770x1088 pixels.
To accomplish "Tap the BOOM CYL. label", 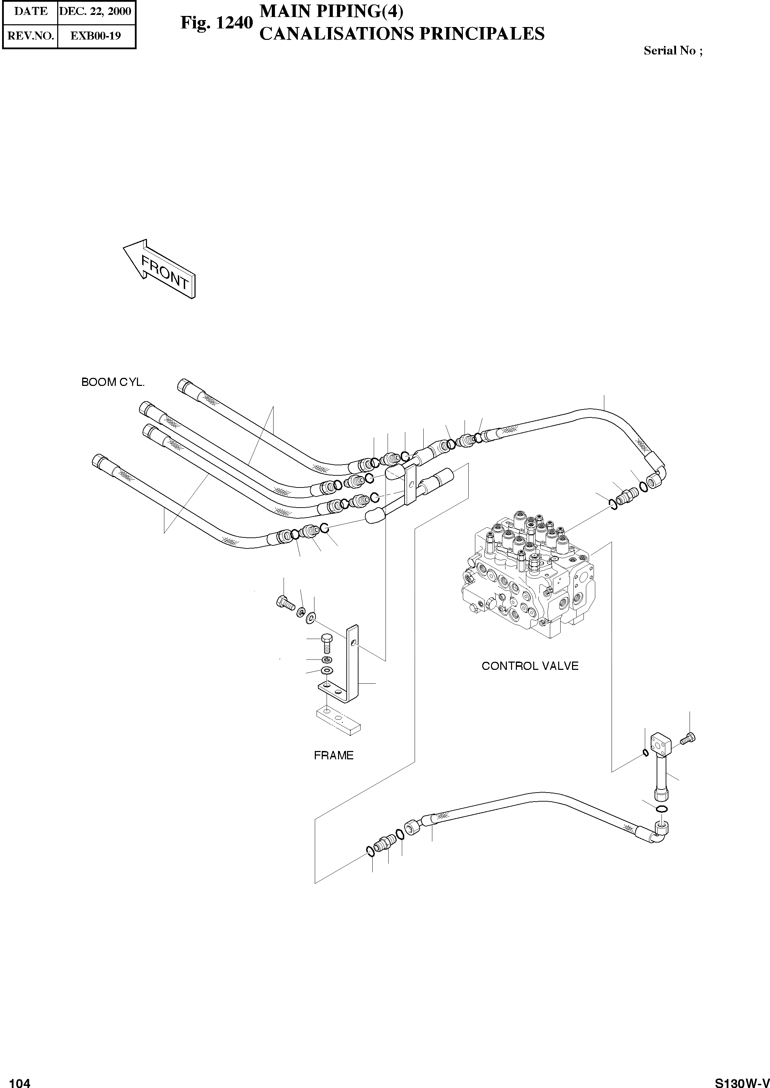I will coord(113,382).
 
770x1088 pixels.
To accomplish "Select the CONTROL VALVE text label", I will coord(530,666).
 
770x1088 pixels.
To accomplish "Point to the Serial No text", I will coord(672,51).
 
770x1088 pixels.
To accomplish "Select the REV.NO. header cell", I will coord(31,36).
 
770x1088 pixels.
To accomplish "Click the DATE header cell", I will coord(31,11).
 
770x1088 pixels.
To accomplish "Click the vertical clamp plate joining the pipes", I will coord(410,484).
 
